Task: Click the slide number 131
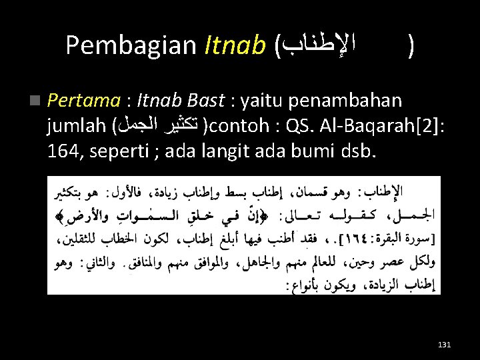click(x=444, y=344)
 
